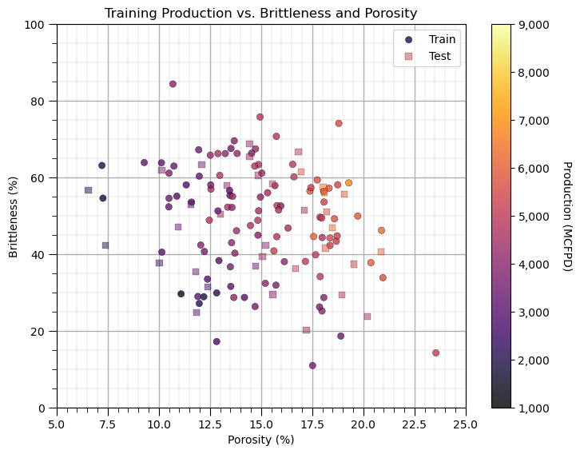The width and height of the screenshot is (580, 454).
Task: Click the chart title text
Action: coord(260,13)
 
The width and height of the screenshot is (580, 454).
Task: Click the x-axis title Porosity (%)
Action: coord(260,440)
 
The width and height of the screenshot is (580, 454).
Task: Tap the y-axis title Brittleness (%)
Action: coord(14,216)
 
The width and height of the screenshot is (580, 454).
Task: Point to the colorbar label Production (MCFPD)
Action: coord(566,216)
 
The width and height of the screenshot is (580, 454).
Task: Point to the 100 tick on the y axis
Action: coord(38,25)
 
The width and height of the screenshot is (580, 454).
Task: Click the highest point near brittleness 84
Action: coord(173,84)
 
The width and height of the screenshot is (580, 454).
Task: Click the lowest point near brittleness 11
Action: coord(312,365)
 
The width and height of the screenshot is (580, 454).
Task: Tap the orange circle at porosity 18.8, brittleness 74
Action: coord(339,123)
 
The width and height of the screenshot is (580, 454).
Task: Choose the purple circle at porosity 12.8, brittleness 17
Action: coord(217,341)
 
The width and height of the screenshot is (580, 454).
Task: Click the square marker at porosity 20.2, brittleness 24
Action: coord(367,317)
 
